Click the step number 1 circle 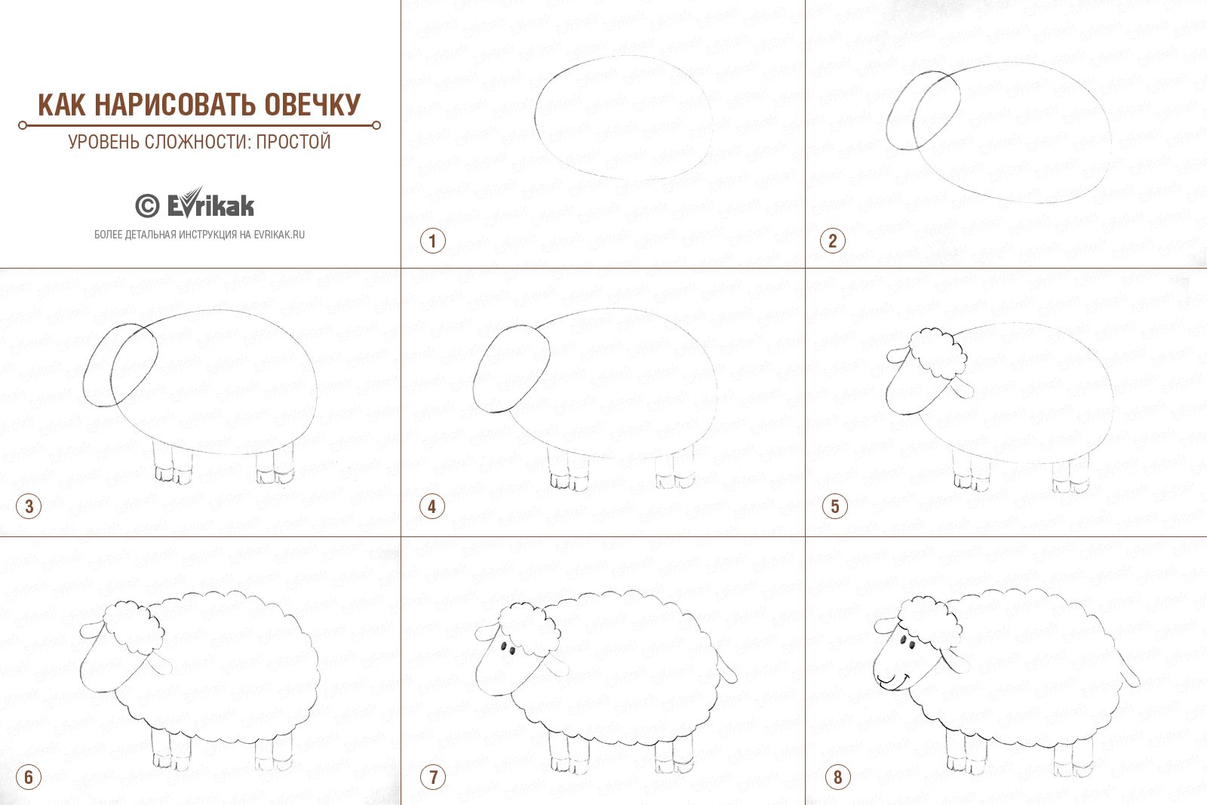[433, 241]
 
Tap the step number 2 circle [833, 241]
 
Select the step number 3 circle [29, 506]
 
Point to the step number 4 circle [432, 506]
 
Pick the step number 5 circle [834, 506]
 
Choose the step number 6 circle [29, 777]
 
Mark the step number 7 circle [433, 777]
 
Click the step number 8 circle [837, 777]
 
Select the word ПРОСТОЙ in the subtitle [293, 142]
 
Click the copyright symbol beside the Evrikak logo [147, 206]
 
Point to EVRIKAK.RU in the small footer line [279, 235]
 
